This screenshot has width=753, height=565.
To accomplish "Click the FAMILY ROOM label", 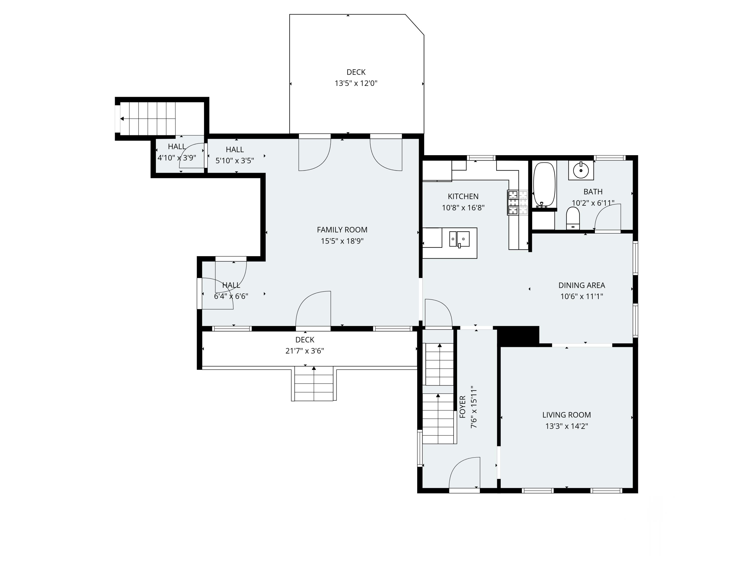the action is (x=342, y=230).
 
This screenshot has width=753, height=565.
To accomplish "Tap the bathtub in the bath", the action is (x=544, y=185).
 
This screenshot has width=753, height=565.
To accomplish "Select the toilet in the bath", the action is (x=573, y=218).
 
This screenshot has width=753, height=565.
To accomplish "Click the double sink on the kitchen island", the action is (x=460, y=239).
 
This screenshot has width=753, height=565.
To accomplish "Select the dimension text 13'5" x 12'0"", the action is (x=356, y=83).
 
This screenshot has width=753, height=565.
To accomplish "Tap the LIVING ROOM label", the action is (x=567, y=415).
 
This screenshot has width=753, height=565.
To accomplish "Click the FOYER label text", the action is (x=462, y=407).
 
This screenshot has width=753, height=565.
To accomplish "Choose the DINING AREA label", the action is (x=582, y=286).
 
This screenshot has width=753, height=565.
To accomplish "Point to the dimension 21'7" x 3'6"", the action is (x=305, y=351).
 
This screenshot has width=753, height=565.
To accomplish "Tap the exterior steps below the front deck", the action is (x=313, y=383).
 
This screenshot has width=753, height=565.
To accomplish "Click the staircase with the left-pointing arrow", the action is (x=148, y=119).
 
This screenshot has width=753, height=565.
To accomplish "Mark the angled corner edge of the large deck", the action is (x=415, y=25).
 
